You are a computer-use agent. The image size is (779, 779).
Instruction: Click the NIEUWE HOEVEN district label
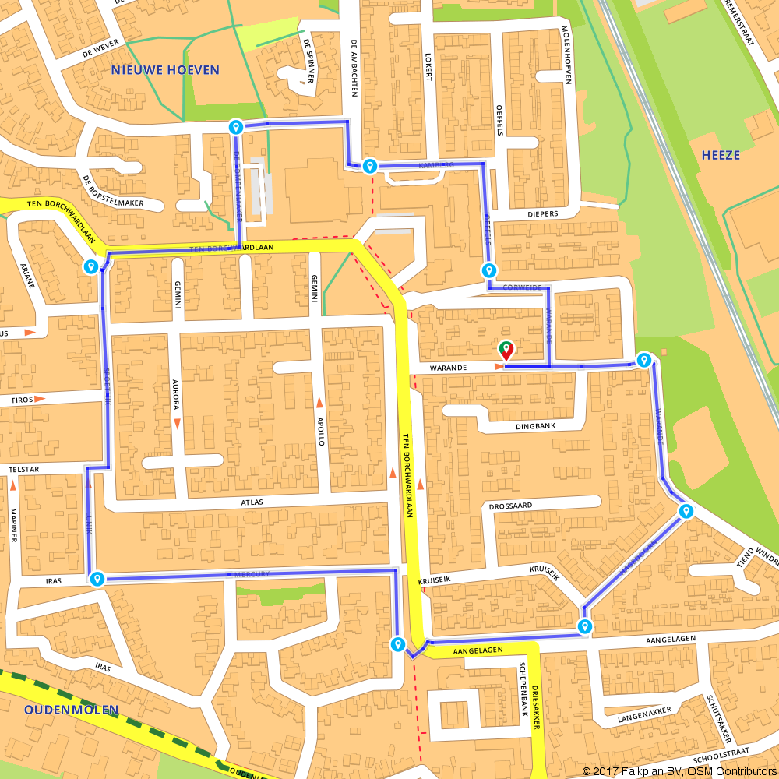point(165,70)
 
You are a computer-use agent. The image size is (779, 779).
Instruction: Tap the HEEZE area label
point(721,155)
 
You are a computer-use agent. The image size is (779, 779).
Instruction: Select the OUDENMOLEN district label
point(71,710)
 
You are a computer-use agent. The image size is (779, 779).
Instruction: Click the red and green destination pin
point(506,350)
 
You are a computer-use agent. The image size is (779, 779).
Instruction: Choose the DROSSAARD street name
point(510,506)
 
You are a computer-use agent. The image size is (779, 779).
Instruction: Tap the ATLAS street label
point(252,502)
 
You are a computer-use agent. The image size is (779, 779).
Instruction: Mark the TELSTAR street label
point(23,470)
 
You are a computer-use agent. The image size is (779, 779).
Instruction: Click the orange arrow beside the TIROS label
point(40,399)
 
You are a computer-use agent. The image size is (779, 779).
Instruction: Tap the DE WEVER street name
point(98,50)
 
